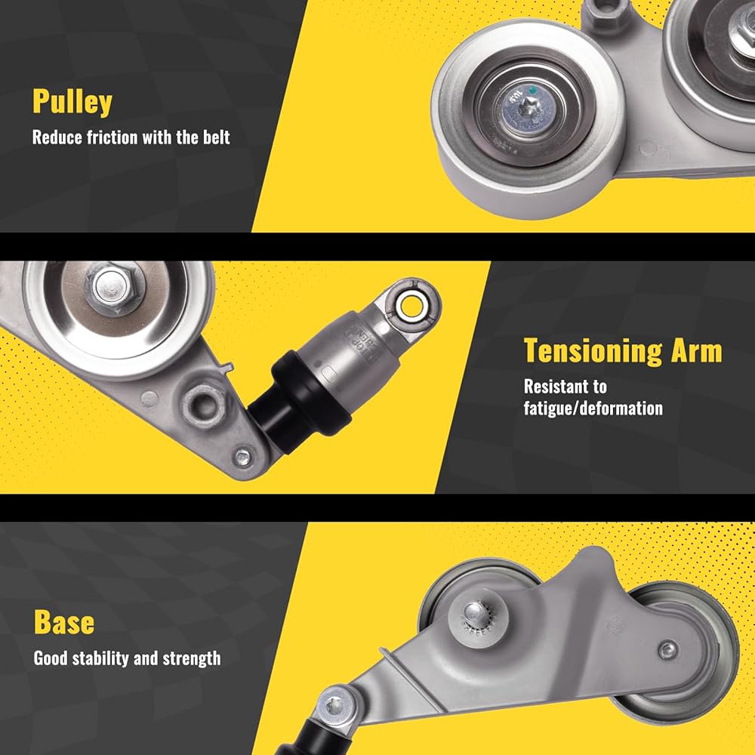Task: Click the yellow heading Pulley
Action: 72,102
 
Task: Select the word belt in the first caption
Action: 216,137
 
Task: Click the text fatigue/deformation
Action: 593,408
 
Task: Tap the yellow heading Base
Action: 64,622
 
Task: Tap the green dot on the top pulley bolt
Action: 532,90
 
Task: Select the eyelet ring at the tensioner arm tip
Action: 411,307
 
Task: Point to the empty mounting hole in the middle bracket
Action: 205,405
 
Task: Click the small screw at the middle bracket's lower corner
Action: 242,458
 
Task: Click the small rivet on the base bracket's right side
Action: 668,650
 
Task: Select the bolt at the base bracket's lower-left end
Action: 334,707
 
